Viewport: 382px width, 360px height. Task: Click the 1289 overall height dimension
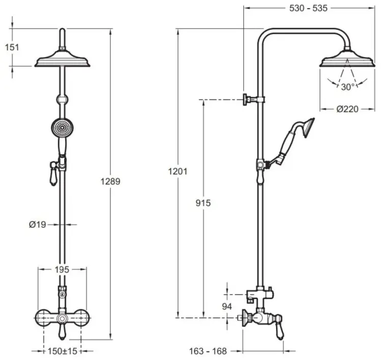pyautogui.click(x=111, y=181)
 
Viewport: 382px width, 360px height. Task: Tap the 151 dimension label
pyautogui.click(x=12, y=47)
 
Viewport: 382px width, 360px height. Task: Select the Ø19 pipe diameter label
pyautogui.click(x=38, y=225)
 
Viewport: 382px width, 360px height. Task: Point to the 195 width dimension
pyautogui.click(x=62, y=270)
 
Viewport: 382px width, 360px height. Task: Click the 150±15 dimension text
pyautogui.click(x=62, y=351)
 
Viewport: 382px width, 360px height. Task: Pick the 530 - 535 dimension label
pyautogui.click(x=309, y=8)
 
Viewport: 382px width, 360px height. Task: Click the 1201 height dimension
pyautogui.click(x=178, y=172)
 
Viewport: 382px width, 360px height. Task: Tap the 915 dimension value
pyautogui.click(x=203, y=203)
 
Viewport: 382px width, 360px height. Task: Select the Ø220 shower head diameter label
pyautogui.click(x=348, y=109)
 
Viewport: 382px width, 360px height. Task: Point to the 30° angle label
pyautogui.click(x=348, y=87)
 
